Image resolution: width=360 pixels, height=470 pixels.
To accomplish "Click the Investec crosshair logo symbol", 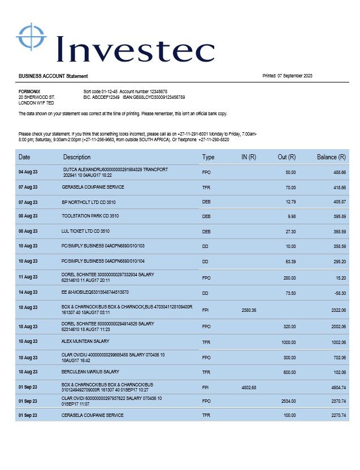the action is (x=32, y=37).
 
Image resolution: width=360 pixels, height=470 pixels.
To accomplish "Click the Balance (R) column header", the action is (x=331, y=157).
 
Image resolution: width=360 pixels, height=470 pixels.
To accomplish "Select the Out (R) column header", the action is (x=287, y=157).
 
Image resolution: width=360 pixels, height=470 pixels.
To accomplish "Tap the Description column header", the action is (x=77, y=157).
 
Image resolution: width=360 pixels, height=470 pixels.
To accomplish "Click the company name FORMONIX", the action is (x=29, y=91).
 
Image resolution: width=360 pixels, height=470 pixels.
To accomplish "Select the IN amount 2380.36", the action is (x=249, y=310).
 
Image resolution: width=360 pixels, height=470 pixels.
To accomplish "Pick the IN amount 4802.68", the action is (x=249, y=388).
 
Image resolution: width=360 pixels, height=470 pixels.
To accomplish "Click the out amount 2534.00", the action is (x=288, y=401).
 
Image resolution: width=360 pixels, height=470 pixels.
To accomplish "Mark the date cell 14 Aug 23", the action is (x=28, y=293).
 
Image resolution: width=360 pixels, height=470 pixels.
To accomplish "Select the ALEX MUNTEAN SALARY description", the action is (x=85, y=342).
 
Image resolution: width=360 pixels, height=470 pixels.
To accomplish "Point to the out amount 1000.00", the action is (x=288, y=342).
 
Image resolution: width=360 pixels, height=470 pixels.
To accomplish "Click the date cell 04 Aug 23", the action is (x=28, y=172).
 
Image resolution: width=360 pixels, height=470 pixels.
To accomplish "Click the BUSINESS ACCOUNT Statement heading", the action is (x=53, y=76).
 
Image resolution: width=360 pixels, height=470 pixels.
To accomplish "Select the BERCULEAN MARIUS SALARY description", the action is (x=90, y=372).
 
